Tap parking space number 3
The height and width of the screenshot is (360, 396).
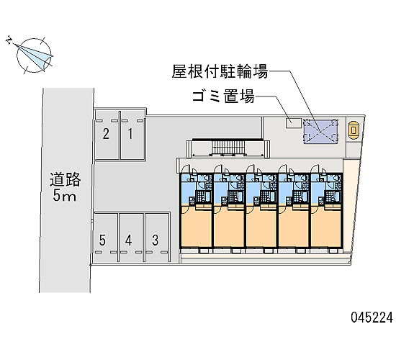point(156,238)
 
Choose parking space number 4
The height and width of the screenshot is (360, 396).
point(131,238)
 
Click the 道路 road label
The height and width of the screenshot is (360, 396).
point(65,179)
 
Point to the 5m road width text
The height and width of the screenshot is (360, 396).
point(64,195)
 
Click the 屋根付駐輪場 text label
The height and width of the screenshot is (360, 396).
point(220,71)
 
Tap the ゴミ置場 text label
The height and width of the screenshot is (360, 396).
point(223,96)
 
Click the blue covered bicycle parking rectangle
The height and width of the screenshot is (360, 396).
point(320,131)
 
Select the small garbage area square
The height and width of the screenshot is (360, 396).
point(293,123)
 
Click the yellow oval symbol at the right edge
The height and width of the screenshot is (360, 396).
point(354,130)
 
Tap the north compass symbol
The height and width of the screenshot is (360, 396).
point(34,55)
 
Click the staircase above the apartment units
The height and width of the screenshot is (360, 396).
point(228,147)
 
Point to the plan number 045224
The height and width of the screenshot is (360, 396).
point(372,318)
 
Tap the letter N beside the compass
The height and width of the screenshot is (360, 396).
point(9,40)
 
